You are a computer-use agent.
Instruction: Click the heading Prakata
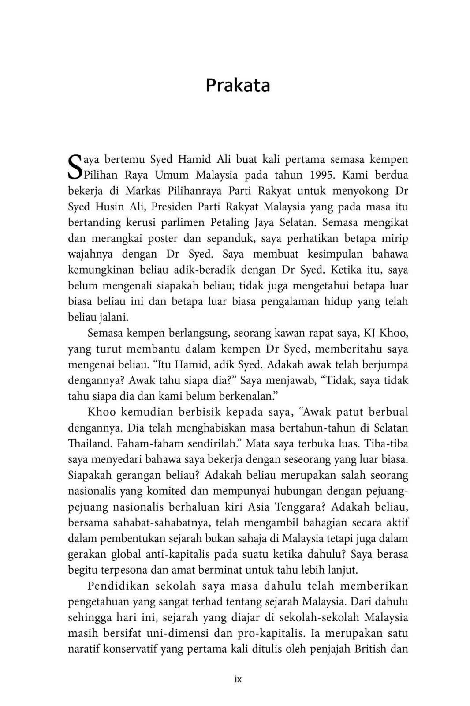tap(238, 85)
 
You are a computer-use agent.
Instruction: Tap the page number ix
tap(238, 679)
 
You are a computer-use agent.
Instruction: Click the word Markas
tap(142, 191)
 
